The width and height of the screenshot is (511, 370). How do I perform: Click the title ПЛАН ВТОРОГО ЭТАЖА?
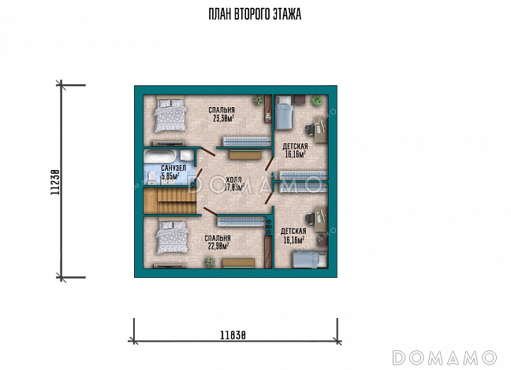coord(255,14)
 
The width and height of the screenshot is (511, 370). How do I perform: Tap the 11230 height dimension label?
coord(55,182)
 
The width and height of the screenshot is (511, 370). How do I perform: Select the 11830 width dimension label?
coord(233,335)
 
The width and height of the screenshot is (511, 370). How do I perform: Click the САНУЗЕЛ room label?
coord(173,168)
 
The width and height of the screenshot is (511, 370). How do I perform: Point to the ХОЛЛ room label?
coord(234,180)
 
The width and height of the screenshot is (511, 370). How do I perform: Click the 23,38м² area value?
coord(224,118)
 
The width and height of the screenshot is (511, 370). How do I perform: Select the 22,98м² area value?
coord(218,246)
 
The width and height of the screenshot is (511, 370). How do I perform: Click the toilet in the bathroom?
coord(151,178)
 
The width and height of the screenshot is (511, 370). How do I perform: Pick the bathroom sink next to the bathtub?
coord(187,155)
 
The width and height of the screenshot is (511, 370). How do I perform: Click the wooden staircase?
coord(170,201)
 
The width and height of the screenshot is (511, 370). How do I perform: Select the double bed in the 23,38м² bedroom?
coord(170,113)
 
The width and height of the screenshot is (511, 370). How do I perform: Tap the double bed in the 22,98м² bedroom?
coord(173,237)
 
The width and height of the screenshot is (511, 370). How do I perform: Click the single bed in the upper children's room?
coord(283,113)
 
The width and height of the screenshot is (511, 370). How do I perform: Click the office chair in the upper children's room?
coord(310,130)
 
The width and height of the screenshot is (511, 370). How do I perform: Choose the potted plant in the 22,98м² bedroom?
coord(211,262)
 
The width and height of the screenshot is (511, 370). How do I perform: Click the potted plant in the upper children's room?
coord(316,101)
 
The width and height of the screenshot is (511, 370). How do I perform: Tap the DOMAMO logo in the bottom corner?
coord(445,357)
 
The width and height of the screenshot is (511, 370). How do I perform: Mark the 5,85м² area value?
coord(170,176)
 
